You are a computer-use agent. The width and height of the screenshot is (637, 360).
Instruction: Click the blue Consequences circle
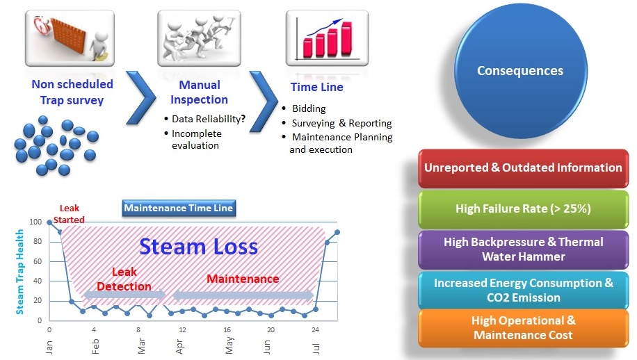(x=520, y=70)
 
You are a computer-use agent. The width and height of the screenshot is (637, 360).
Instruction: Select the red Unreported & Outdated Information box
(x=523, y=167)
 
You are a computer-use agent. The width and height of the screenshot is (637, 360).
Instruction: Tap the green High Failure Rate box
(x=523, y=208)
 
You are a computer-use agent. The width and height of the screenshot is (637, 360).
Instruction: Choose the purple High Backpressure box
(x=523, y=249)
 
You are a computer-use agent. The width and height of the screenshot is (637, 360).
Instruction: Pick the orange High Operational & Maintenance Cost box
(x=523, y=328)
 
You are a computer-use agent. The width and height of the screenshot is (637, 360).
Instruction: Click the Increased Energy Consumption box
(x=523, y=290)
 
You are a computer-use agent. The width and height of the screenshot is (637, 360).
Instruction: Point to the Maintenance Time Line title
(x=179, y=207)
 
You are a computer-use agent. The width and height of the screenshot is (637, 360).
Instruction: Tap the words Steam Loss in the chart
(x=198, y=246)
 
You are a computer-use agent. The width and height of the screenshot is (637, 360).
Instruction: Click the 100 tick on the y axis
(x=36, y=222)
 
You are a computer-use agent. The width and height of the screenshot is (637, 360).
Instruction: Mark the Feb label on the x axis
(x=95, y=345)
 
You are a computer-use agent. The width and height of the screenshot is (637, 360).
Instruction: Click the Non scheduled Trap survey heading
(x=72, y=92)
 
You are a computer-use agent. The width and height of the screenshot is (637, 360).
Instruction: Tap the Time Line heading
(x=316, y=88)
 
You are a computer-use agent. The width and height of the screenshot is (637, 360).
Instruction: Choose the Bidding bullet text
(x=309, y=109)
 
